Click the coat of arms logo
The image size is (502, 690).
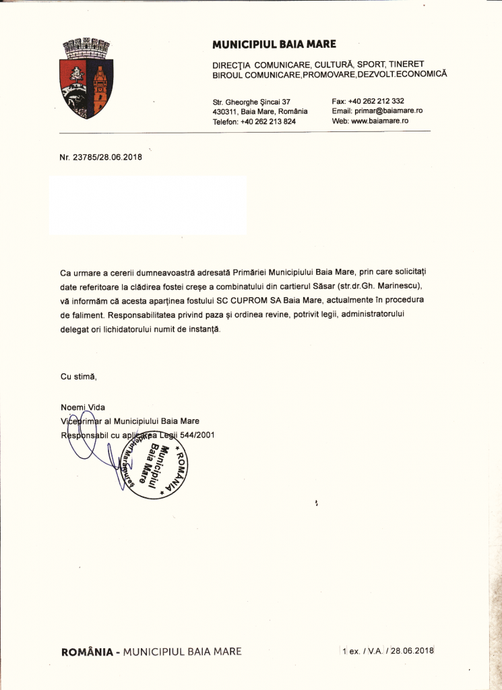coord(86,80)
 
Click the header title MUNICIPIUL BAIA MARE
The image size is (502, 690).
coord(274,45)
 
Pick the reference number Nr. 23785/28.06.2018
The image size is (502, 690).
coord(101,158)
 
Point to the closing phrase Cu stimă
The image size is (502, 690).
coord(79,376)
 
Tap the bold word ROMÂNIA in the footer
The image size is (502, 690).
coord(87,652)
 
